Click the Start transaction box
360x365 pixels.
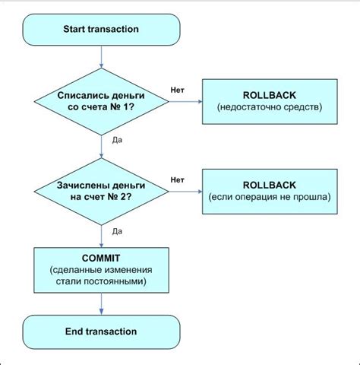pos(101,30)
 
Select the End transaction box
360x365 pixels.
pos(101,332)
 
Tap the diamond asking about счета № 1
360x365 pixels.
pos(101,102)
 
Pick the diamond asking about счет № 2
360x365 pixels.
pos(101,192)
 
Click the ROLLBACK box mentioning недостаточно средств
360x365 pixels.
pos(270,102)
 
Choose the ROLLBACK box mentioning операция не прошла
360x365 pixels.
pos(270,192)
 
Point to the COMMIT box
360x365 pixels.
pos(101,270)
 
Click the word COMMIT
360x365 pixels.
pos(101,258)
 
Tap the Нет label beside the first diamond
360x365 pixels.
pos(177,90)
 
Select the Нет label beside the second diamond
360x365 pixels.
pos(177,180)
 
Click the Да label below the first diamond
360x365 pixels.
pos(117,140)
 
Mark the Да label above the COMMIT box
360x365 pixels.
pos(117,231)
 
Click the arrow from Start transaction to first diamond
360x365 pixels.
pos(101,57)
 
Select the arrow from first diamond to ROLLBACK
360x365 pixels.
pos(185,102)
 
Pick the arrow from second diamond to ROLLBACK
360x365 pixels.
pos(185,192)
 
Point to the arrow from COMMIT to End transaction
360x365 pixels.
pos(101,304)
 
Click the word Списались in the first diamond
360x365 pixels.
pos(80,96)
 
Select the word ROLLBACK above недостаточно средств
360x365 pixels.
pos(270,95)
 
